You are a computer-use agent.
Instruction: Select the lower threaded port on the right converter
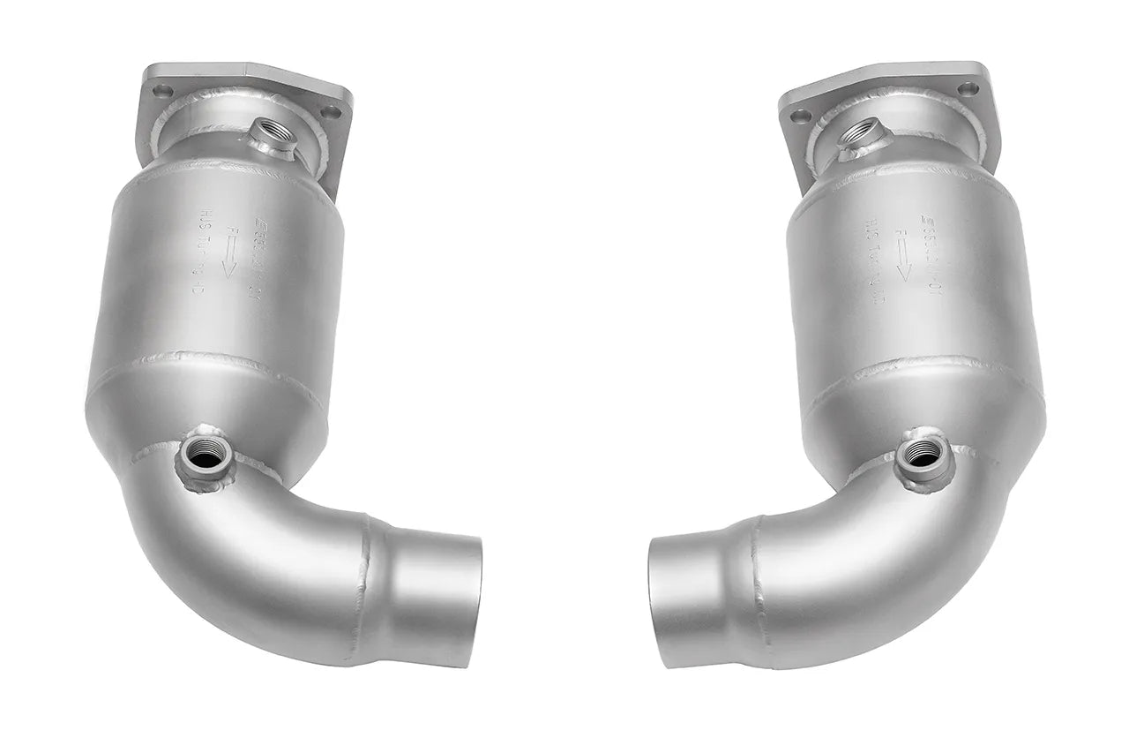923,455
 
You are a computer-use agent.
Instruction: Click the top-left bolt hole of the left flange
162,89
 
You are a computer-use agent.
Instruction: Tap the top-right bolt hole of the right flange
968,88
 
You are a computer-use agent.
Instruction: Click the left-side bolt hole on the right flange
801,116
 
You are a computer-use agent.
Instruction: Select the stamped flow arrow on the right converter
902,256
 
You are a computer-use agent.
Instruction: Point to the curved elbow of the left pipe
265,547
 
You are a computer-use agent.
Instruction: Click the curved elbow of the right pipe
864,547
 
